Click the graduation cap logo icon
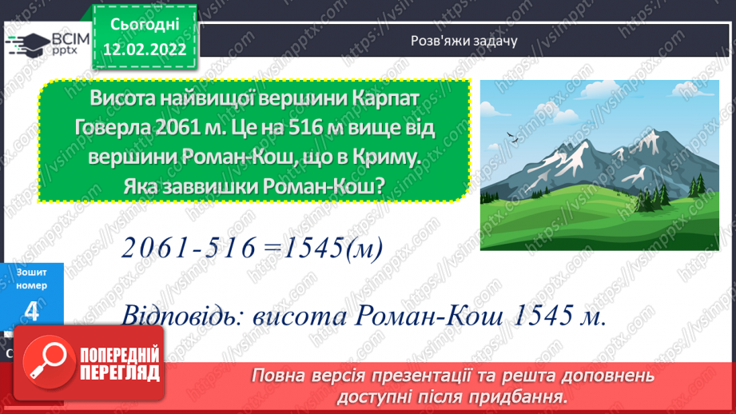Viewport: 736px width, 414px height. (x=29, y=41)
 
